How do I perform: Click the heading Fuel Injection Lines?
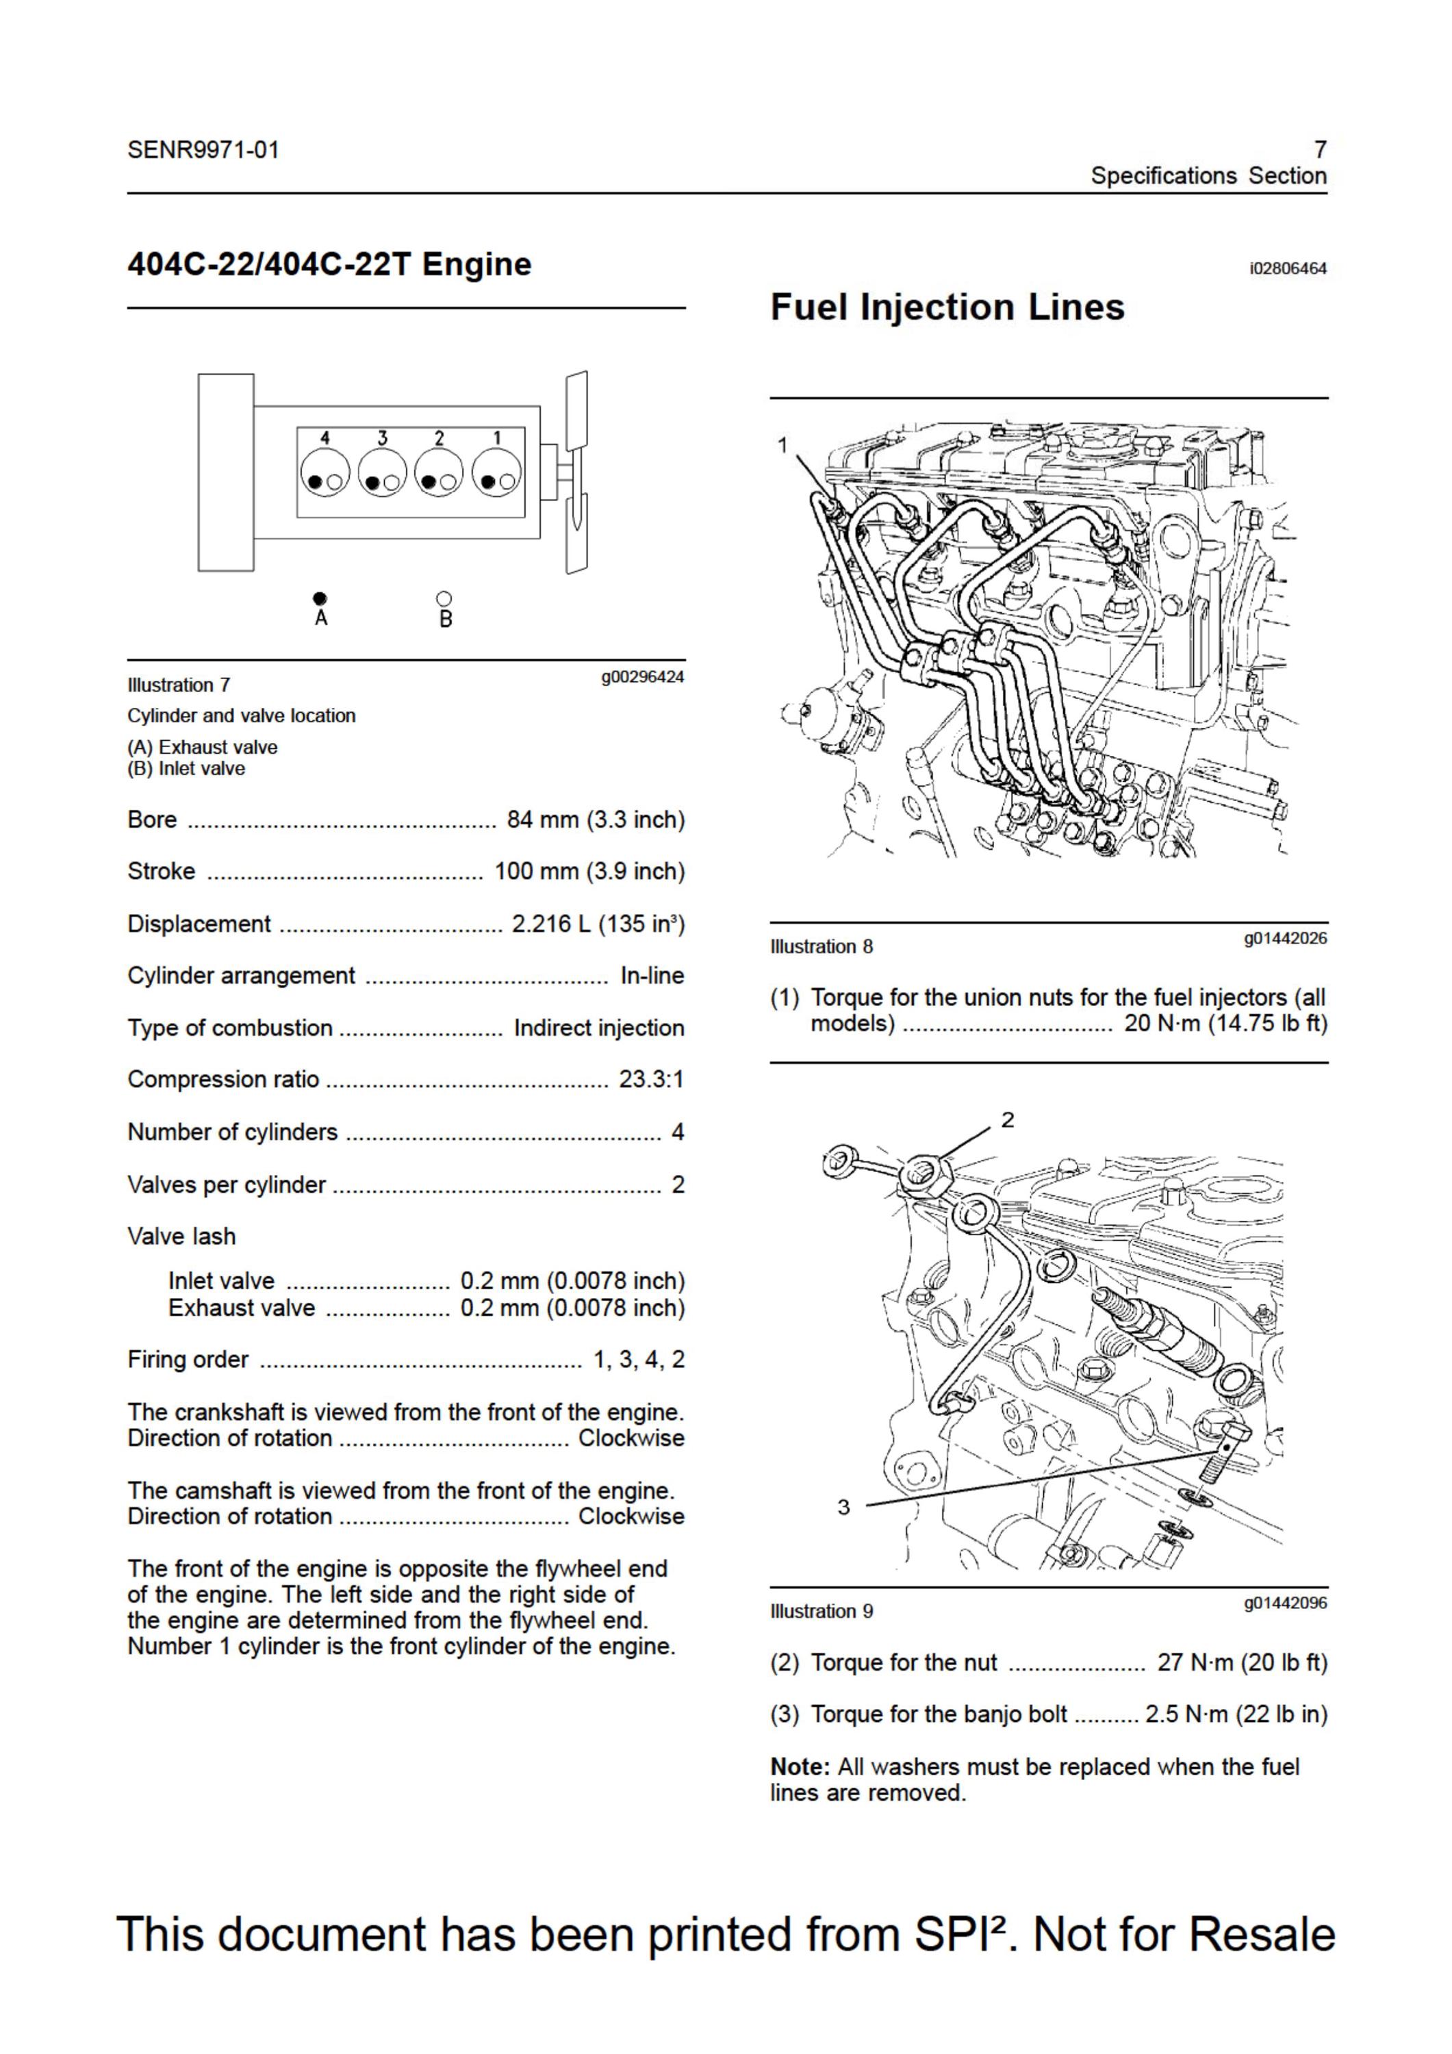(x=947, y=307)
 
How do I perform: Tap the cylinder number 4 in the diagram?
(x=324, y=438)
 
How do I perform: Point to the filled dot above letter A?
(x=320, y=598)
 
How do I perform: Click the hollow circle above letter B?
(x=444, y=598)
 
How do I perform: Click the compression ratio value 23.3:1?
(x=651, y=1079)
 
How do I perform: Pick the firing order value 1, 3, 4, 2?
(x=639, y=1360)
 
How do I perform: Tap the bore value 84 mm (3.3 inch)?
(x=596, y=820)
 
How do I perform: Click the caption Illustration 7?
(x=179, y=685)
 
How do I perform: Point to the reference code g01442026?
(x=1286, y=939)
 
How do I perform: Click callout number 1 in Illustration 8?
(x=782, y=444)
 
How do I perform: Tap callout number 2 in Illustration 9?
(x=1008, y=1120)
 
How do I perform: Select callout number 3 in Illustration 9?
(x=843, y=1508)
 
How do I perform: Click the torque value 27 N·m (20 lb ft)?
(x=1243, y=1662)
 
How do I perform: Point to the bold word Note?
(x=801, y=1767)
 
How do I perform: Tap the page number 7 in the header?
(x=1321, y=149)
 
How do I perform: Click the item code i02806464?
(x=1288, y=268)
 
